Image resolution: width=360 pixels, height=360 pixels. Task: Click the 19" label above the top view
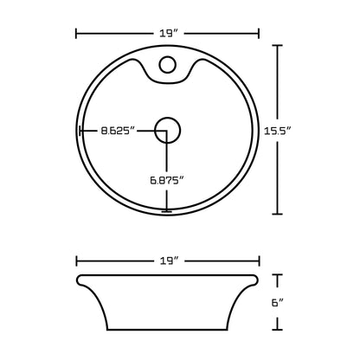[x=169, y=33]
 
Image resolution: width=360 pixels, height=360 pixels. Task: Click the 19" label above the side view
[x=169, y=259]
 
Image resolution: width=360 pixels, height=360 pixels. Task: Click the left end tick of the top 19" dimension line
[x=77, y=34]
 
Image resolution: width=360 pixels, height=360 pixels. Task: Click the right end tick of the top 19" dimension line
[x=260, y=34]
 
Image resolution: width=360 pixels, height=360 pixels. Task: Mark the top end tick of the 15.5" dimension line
[x=278, y=46]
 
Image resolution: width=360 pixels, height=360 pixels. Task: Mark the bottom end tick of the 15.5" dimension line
[x=278, y=213]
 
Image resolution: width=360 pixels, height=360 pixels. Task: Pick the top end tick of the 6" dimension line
[x=278, y=275]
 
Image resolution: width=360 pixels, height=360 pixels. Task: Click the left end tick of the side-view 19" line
[x=77, y=259]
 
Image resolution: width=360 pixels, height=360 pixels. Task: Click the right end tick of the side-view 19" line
[x=260, y=259]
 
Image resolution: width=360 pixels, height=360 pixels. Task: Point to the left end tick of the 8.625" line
[x=81, y=132]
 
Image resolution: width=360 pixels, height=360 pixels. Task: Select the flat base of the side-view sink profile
[x=169, y=331]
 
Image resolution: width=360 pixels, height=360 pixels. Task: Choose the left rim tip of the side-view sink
[x=79, y=277]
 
